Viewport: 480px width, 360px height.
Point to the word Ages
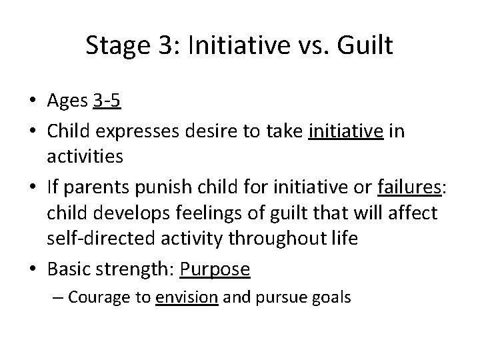tap(67, 102)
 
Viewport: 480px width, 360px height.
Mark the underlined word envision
tap(187, 297)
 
